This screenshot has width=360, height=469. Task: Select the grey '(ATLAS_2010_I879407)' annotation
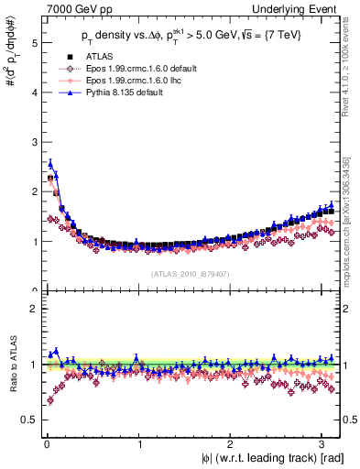pyautogui.click(x=190, y=272)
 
